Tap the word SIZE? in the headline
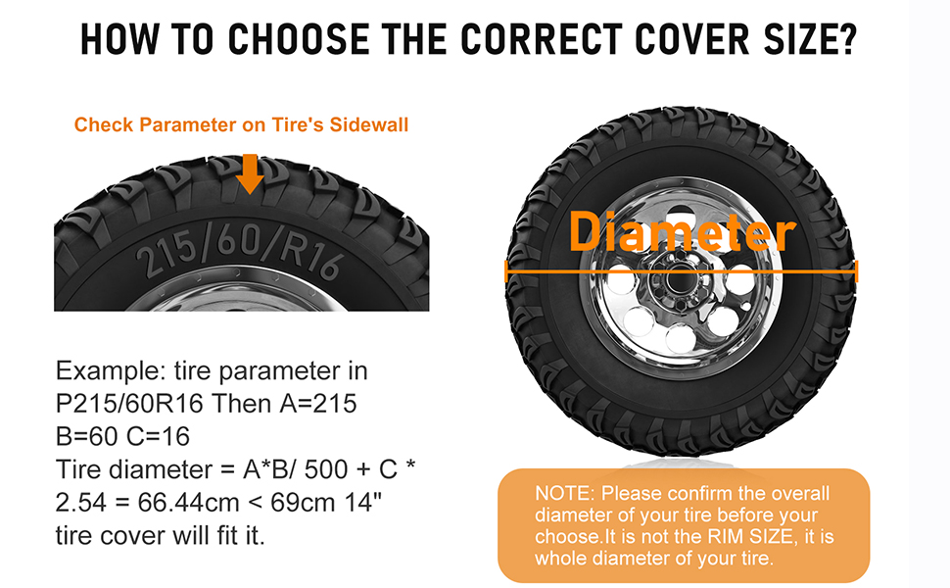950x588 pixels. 810,39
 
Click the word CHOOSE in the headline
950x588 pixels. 298,39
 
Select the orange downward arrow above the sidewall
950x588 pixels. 249,173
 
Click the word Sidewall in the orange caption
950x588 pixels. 369,124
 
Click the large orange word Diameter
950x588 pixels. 682,232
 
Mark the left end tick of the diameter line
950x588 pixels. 506,270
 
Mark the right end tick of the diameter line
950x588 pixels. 856,270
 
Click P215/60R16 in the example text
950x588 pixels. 129,404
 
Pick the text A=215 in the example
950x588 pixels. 318,404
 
